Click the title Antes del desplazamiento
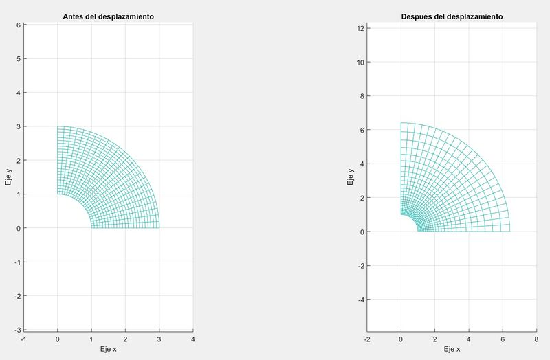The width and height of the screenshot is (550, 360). point(109,16)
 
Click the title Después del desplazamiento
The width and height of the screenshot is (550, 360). point(452,16)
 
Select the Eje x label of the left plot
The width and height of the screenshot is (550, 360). point(109,350)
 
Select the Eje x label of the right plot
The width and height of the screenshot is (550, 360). point(452,350)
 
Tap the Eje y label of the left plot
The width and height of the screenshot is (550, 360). point(9,177)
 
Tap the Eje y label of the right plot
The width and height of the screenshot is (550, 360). point(351,177)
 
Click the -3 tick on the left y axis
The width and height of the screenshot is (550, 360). point(18,330)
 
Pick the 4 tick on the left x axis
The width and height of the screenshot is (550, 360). point(193,339)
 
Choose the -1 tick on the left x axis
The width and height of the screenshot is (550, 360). point(23,339)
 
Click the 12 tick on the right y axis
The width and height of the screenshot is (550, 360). point(360,28)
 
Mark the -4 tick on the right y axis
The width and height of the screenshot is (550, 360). point(360,300)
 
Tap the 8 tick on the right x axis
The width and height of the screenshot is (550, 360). point(536,339)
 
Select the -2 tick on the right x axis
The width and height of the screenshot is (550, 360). point(367,339)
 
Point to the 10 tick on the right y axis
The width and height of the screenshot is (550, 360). point(360,62)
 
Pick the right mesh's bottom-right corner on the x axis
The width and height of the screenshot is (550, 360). point(509,232)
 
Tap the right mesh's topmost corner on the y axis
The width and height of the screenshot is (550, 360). point(401,123)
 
